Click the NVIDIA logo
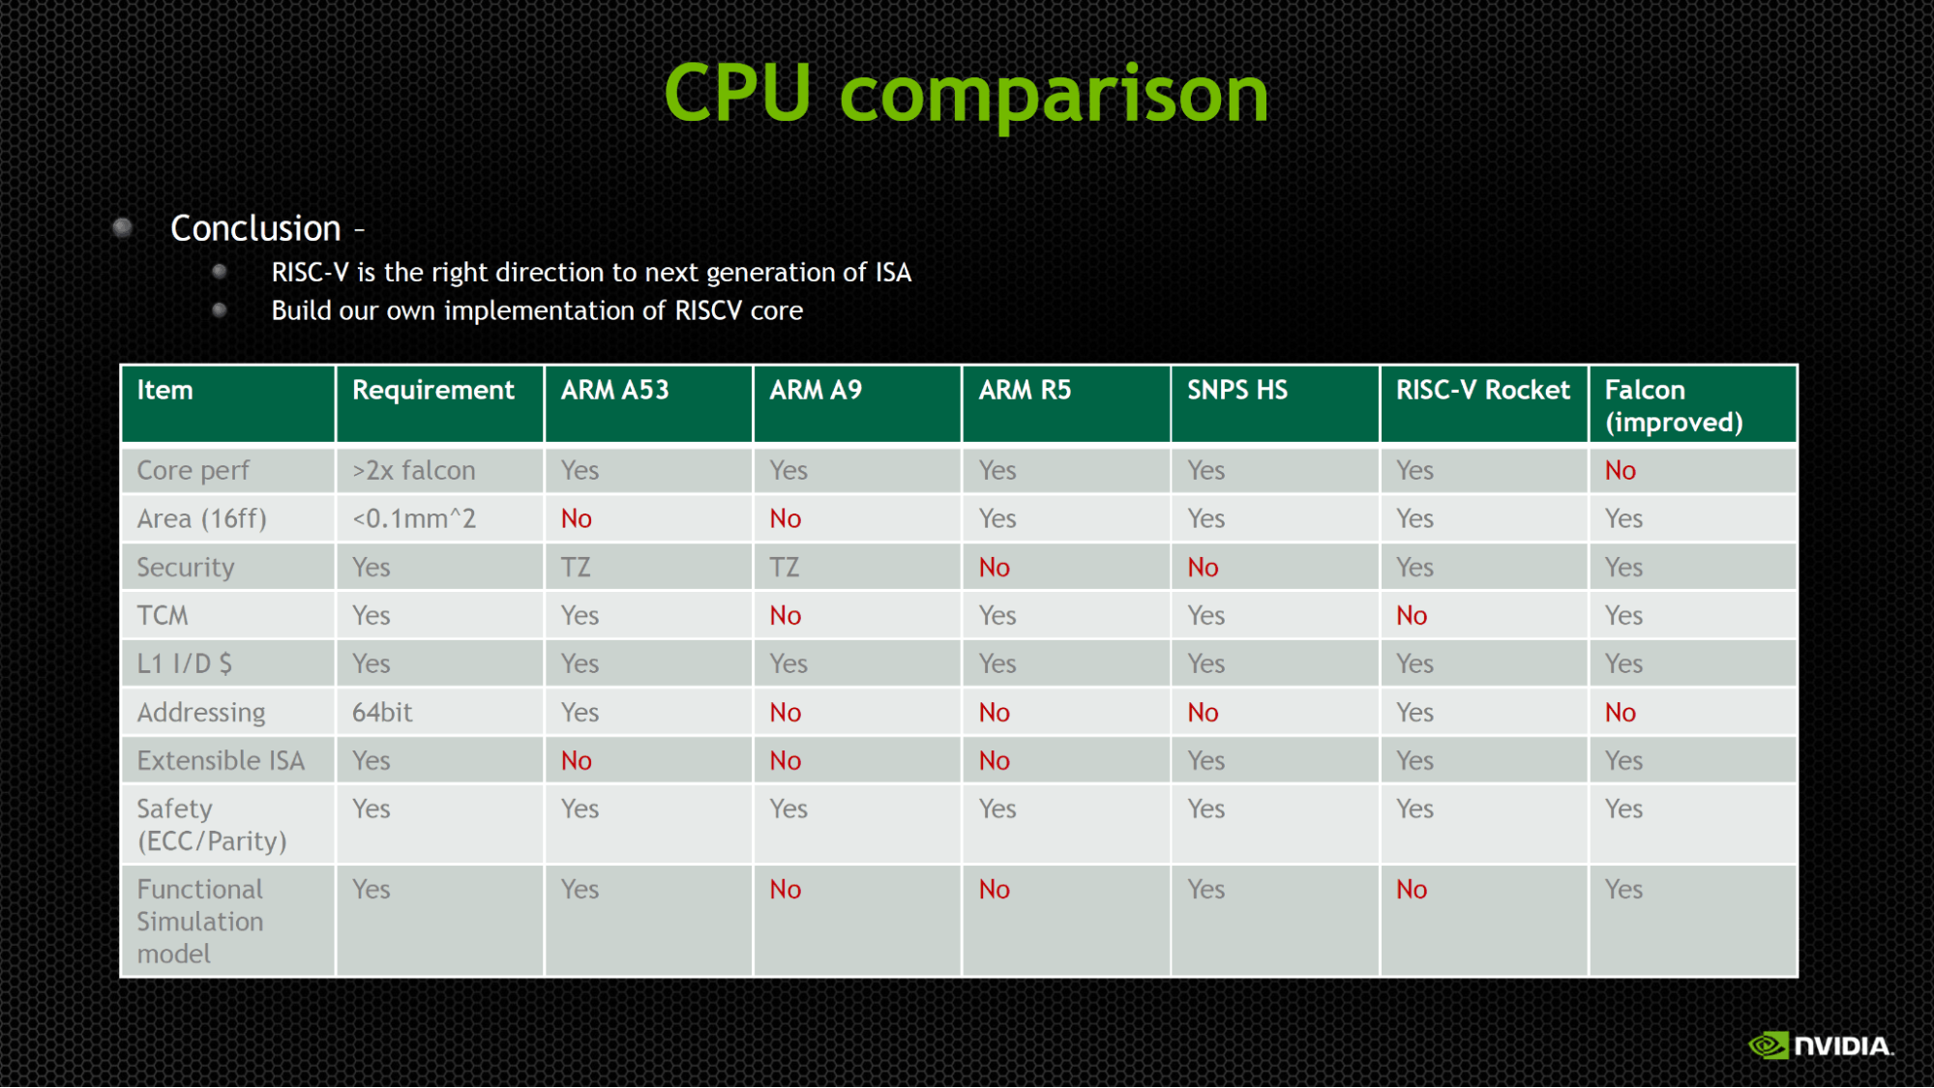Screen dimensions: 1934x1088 [1821, 1045]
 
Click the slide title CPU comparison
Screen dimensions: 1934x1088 [966, 94]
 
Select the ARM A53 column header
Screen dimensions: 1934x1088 [614, 390]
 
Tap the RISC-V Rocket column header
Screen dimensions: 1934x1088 [1482, 390]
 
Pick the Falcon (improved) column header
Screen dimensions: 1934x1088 [1674, 406]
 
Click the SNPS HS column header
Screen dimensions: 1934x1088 [1237, 390]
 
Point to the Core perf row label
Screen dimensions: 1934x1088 [193, 471]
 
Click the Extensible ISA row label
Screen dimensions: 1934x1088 [221, 761]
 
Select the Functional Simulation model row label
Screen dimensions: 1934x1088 [200, 922]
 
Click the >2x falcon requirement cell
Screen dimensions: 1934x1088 [414, 471]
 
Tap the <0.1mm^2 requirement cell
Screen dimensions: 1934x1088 [414, 519]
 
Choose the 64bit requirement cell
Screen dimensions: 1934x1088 [382, 713]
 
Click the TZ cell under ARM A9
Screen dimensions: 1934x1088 [785, 568]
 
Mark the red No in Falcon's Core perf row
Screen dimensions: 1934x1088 [1621, 471]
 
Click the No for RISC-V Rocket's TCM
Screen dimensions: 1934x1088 [1412, 616]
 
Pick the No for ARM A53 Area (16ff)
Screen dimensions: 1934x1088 [577, 519]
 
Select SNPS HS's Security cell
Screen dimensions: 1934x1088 [1203, 568]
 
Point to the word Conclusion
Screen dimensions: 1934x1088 [255, 228]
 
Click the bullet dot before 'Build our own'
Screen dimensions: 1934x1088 [220, 310]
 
